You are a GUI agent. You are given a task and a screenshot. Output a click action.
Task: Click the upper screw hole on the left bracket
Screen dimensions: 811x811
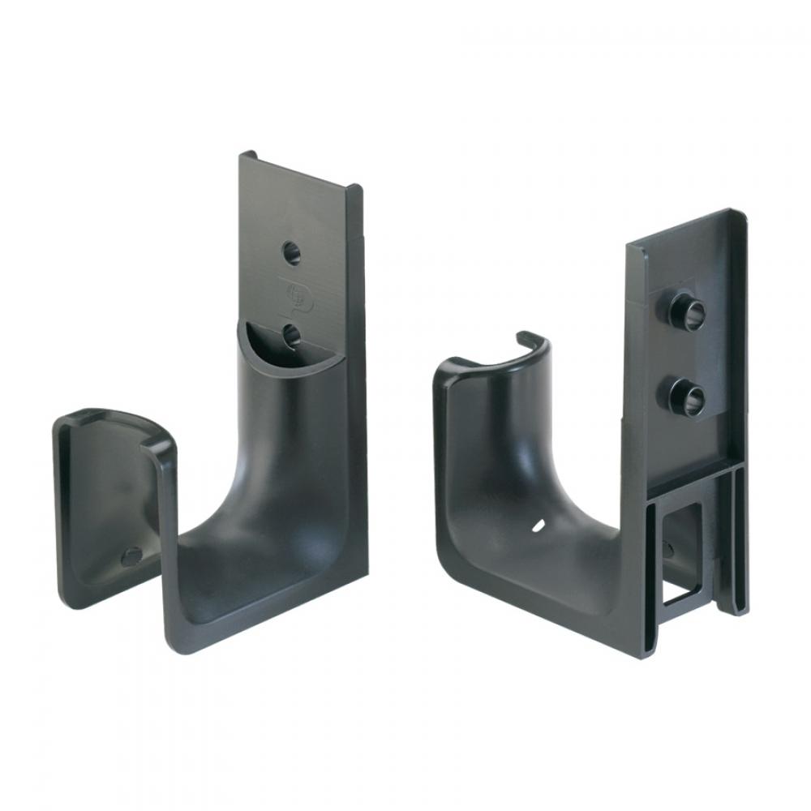(x=292, y=252)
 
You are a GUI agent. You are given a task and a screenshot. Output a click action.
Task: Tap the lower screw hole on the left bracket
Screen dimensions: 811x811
(x=292, y=334)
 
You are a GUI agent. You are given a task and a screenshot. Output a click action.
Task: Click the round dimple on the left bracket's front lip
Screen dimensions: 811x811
(x=130, y=556)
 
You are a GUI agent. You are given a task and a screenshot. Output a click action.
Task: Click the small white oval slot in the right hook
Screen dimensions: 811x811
(x=538, y=528)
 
